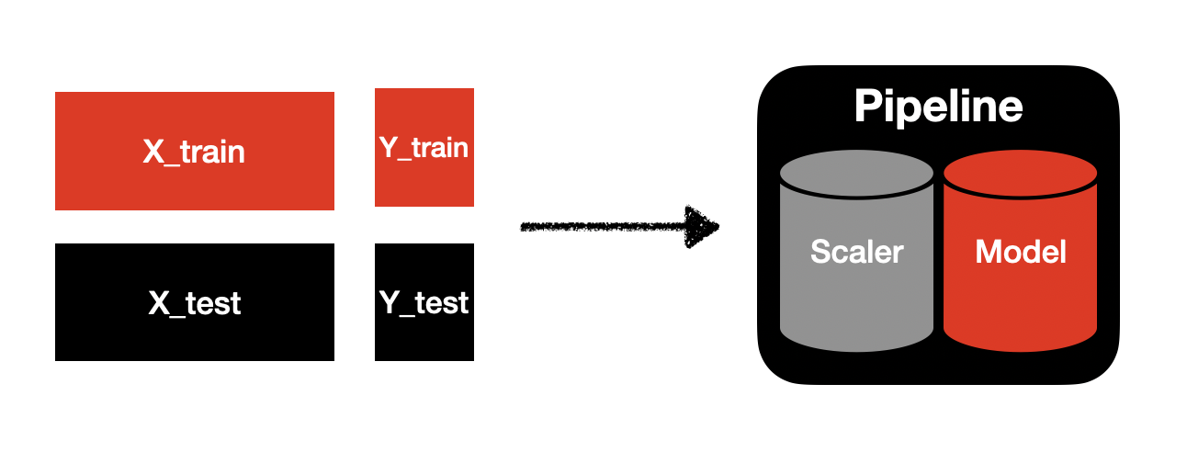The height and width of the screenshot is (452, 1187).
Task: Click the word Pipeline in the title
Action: click(x=938, y=107)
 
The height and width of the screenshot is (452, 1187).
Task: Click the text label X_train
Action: click(x=194, y=152)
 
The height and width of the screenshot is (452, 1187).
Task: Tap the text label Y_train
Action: click(x=424, y=147)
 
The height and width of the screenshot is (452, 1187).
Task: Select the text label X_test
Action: click(x=194, y=302)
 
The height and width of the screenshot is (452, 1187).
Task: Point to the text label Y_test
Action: click(x=424, y=302)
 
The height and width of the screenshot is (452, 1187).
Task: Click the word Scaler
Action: click(x=856, y=252)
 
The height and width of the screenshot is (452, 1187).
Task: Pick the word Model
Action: click(x=1021, y=252)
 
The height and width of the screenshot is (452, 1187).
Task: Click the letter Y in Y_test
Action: click(x=388, y=301)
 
